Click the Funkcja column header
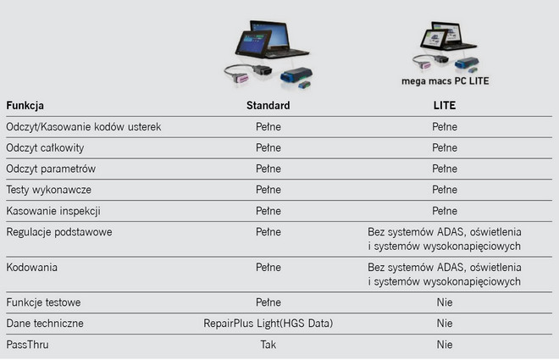[25, 106]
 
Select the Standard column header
[268, 106]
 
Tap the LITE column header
[445, 106]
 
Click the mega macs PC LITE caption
[445, 82]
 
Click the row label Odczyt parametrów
[51, 168]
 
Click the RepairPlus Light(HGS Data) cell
[268, 323]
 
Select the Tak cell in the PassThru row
[268, 344]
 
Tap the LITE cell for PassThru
[445, 344]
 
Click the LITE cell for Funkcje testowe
[445, 302]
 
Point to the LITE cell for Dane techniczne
[445, 323]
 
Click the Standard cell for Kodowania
[268, 266]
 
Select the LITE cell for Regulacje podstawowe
[445, 238]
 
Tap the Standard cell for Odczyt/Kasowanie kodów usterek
[268, 126]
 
